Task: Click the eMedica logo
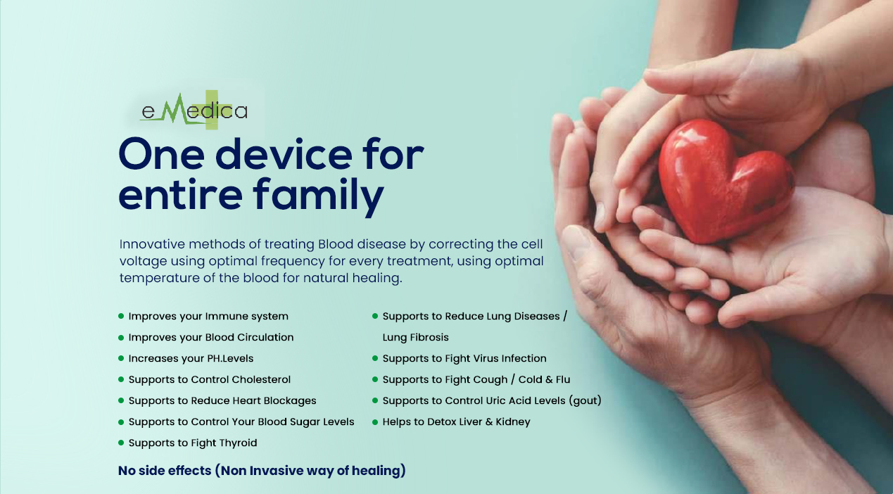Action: click(x=194, y=110)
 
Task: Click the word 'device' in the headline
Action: click(x=284, y=154)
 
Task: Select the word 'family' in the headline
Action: click(x=318, y=197)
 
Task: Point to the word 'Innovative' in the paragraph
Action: click(x=152, y=244)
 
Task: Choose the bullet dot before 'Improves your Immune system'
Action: click(x=121, y=316)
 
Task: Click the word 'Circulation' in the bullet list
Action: click(x=265, y=337)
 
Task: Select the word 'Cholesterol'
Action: click(x=261, y=379)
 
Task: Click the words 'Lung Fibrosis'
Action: click(x=415, y=337)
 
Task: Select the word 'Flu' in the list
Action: click(x=563, y=379)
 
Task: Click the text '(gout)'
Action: click(x=585, y=400)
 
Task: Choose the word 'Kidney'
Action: click(x=513, y=422)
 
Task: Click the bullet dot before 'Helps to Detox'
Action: click(x=375, y=422)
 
